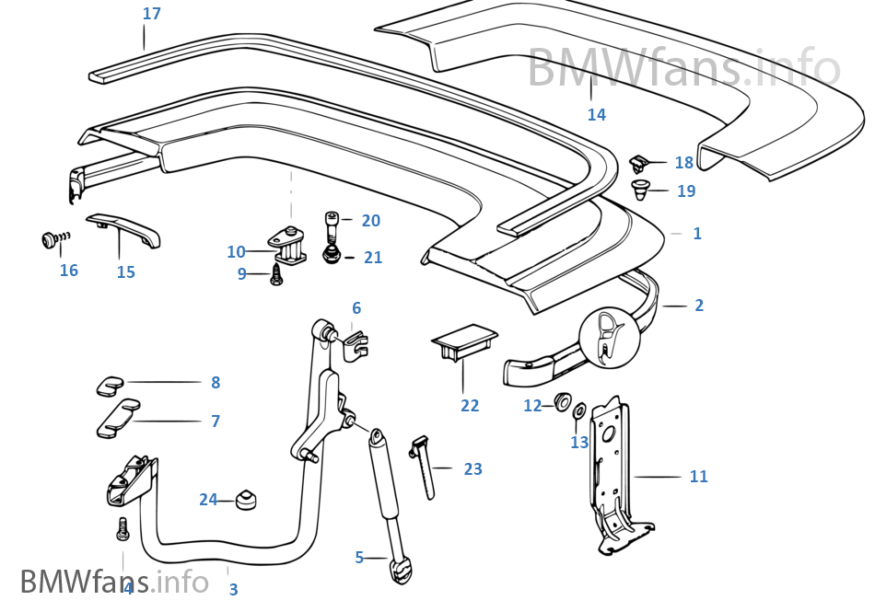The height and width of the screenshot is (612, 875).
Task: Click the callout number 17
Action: click(x=152, y=14)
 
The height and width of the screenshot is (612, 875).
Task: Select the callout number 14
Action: click(x=597, y=115)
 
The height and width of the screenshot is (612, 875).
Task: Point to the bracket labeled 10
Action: click(x=288, y=245)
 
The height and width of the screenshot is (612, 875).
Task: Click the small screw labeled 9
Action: click(x=275, y=272)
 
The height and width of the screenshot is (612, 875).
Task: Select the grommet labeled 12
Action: click(x=559, y=403)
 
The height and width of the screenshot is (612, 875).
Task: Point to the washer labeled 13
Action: click(x=579, y=410)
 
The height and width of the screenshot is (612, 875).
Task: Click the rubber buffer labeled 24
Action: click(x=245, y=500)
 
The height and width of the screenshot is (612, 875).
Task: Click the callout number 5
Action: click(x=359, y=557)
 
